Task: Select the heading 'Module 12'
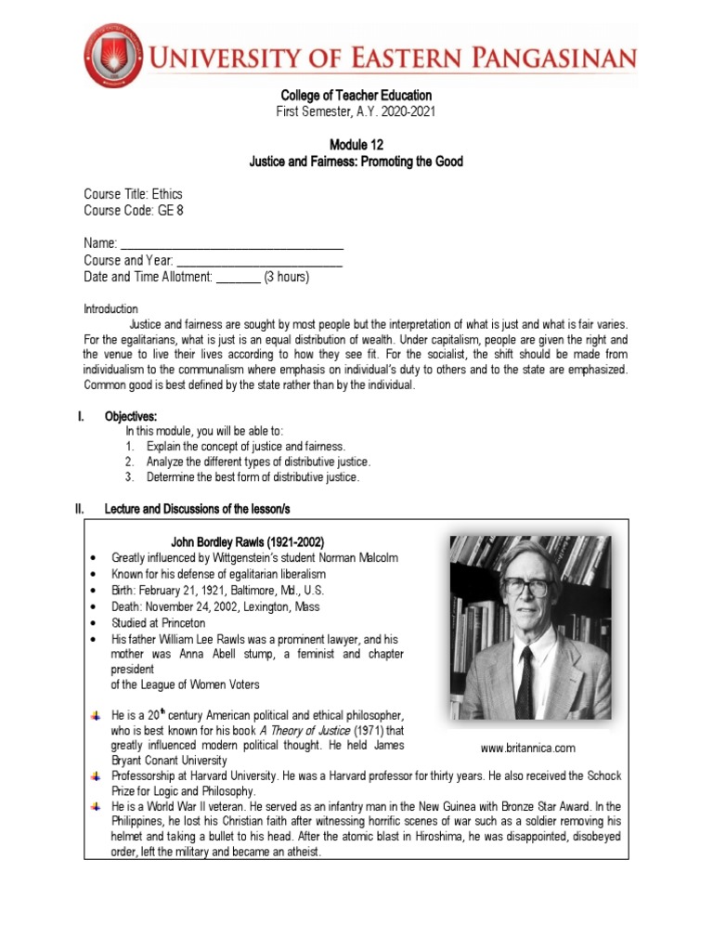356,145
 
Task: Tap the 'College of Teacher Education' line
356,96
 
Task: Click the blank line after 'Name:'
231,243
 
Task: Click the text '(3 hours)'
287,277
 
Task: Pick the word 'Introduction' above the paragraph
110,308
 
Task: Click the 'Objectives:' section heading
132,416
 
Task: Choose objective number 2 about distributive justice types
257,462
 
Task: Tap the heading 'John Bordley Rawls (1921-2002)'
248,541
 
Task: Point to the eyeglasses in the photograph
526,587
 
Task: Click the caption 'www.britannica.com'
528,748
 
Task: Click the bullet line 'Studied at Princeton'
159,623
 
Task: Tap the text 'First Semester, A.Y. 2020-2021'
356,111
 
